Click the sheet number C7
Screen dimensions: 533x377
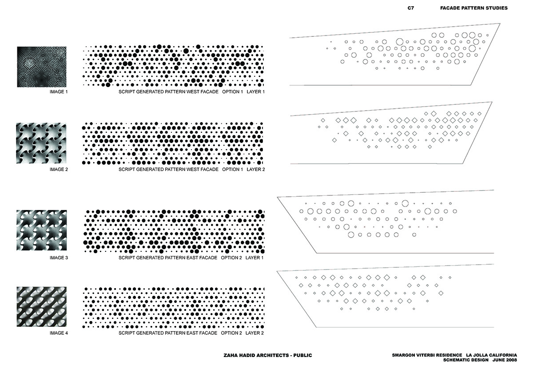[411, 8]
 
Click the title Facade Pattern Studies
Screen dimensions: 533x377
[474, 8]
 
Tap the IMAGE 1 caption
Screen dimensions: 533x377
[59, 92]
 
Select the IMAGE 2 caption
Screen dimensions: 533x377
[59, 169]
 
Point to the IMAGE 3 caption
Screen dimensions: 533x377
[59, 258]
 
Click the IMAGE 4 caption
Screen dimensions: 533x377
[59, 333]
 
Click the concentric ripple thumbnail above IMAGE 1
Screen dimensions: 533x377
[42, 67]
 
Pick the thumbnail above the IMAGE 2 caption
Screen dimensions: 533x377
[41, 143]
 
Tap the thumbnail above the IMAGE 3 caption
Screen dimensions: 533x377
[42, 230]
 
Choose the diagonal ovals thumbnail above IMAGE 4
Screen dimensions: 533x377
[42, 306]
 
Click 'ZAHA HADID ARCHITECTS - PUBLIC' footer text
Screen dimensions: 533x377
[268, 355]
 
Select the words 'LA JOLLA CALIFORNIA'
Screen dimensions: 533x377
[491, 355]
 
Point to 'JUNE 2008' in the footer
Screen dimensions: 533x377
[505, 360]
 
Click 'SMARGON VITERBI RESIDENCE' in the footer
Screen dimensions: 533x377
[427, 355]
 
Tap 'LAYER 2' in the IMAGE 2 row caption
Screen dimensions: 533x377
[255, 169]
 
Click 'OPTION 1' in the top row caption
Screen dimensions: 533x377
[232, 92]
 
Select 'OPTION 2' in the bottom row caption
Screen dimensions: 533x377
[231, 333]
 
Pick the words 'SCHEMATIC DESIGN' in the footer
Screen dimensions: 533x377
[465, 360]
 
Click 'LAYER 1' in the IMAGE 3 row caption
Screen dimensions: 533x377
[255, 258]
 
